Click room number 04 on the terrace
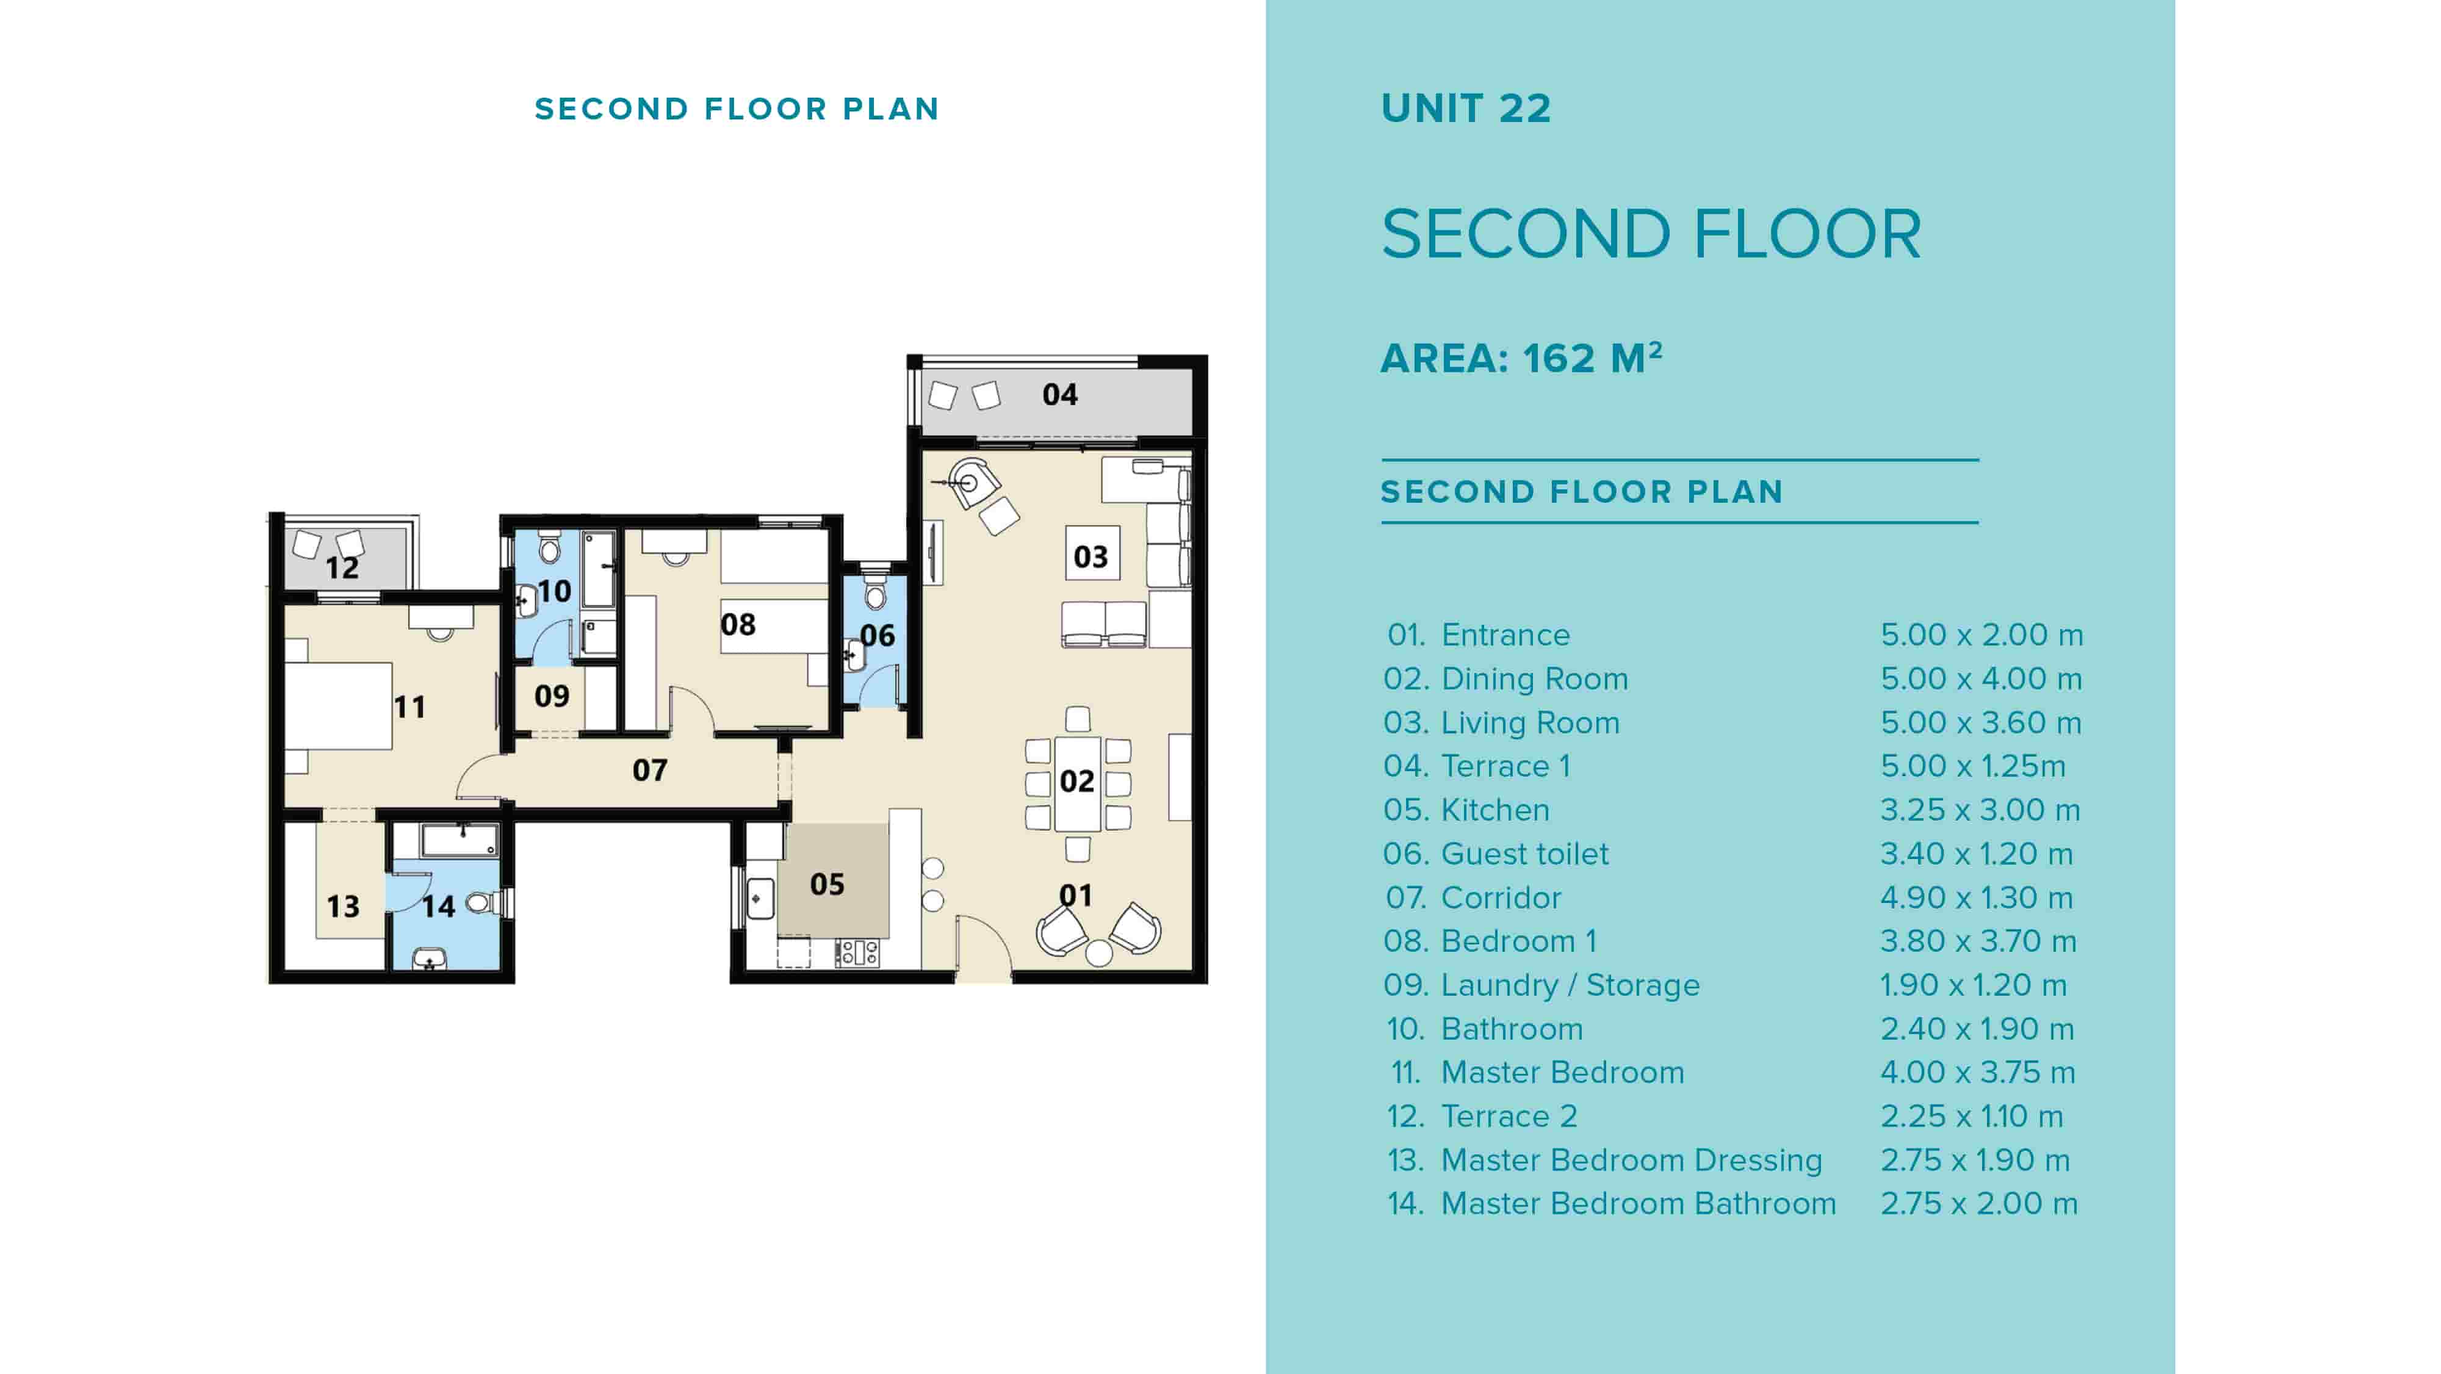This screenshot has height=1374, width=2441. pyautogui.click(x=1059, y=394)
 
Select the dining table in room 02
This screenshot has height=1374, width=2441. pyautogui.click(x=1078, y=782)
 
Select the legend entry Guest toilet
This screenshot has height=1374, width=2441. pyautogui.click(x=1524, y=854)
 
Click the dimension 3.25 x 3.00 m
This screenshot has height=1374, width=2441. pyautogui.click(x=1980, y=810)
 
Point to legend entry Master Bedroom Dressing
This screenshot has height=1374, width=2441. pyautogui.click(x=1631, y=1160)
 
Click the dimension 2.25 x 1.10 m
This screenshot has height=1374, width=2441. pyautogui.click(x=1971, y=1117)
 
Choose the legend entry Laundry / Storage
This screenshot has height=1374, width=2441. pyautogui.click(x=1570, y=985)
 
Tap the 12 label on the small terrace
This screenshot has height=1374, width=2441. pyautogui.click(x=342, y=567)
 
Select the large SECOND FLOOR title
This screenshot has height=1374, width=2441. pyautogui.click(x=1651, y=234)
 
